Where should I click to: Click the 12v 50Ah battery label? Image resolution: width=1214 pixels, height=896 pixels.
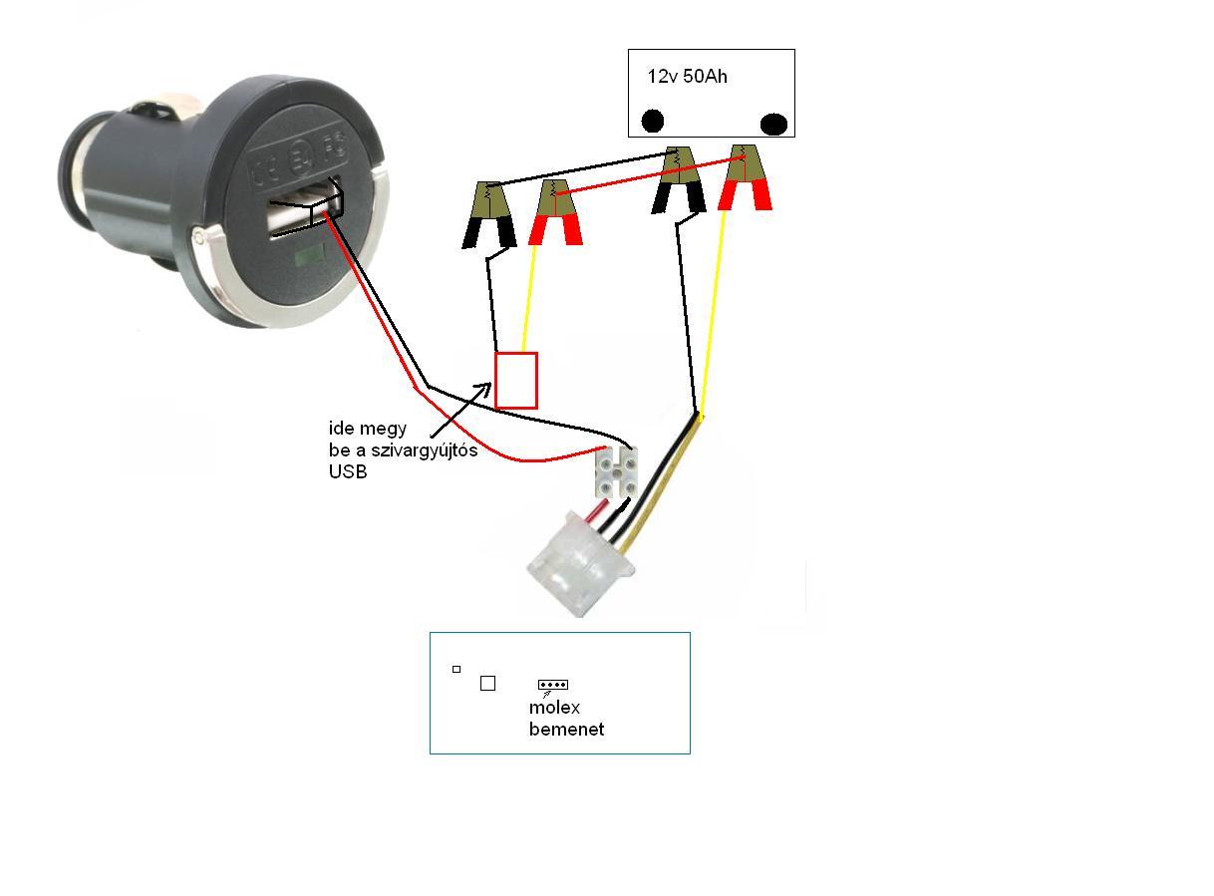pyautogui.click(x=687, y=76)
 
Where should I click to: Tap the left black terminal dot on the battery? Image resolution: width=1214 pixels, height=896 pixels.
pyautogui.click(x=652, y=121)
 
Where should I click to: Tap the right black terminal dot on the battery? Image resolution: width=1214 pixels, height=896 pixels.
pyautogui.click(x=773, y=124)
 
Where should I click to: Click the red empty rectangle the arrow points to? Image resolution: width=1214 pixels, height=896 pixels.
pyautogui.click(x=515, y=380)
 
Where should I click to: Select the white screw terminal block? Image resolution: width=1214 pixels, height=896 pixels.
pyautogui.click(x=616, y=471)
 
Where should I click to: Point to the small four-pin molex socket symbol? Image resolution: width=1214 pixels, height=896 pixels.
pyautogui.click(x=553, y=684)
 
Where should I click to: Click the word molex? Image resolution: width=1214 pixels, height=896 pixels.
pyautogui.click(x=554, y=708)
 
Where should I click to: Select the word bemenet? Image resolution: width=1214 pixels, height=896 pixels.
pyautogui.click(x=566, y=730)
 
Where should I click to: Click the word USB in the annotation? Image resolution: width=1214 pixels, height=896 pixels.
pyautogui.click(x=348, y=471)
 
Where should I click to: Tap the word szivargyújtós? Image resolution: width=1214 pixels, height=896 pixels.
pyautogui.click(x=425, y=449)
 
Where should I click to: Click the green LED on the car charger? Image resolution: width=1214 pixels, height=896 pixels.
pyautogui.click(x=309, y=254)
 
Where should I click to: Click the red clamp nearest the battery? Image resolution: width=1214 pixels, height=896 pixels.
pyautogui.click(x=745, y=177)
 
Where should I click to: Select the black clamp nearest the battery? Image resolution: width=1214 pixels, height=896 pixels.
pyautogui.click(x=678, y=179)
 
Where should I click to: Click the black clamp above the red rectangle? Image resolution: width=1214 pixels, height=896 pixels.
pyautogui.click(x=488, y=214)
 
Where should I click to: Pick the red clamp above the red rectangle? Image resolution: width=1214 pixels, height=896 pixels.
pyautogui.click(x=555, y=212)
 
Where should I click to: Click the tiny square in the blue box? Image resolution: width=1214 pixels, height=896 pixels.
pyautogui.click(x=456, y=669)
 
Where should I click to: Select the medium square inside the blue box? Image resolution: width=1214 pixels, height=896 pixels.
pyautogui.click(x=487, y=683)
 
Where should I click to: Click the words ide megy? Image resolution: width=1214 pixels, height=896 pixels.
pyautogui.click(x=367, y=429)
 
